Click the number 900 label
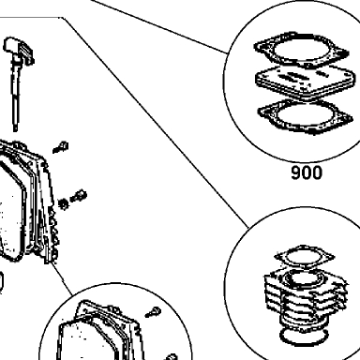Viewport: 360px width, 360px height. pos(306,172)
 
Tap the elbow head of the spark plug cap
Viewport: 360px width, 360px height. pos(18,49)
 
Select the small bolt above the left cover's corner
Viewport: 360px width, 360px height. pos(61,147)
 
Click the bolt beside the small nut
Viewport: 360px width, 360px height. pos(79,196)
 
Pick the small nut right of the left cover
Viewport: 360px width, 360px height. pos(64,203)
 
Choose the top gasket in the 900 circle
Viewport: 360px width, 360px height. pos(301,50)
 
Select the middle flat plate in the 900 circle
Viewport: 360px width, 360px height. pos(306,82)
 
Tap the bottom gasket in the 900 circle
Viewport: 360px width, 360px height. pos(306,116)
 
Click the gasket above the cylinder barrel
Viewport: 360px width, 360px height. pos(303,257)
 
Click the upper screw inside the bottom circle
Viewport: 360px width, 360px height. pos(154,312)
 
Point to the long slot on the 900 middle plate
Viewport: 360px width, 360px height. pos(290,76)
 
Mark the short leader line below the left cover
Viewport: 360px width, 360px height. pos(60,279)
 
